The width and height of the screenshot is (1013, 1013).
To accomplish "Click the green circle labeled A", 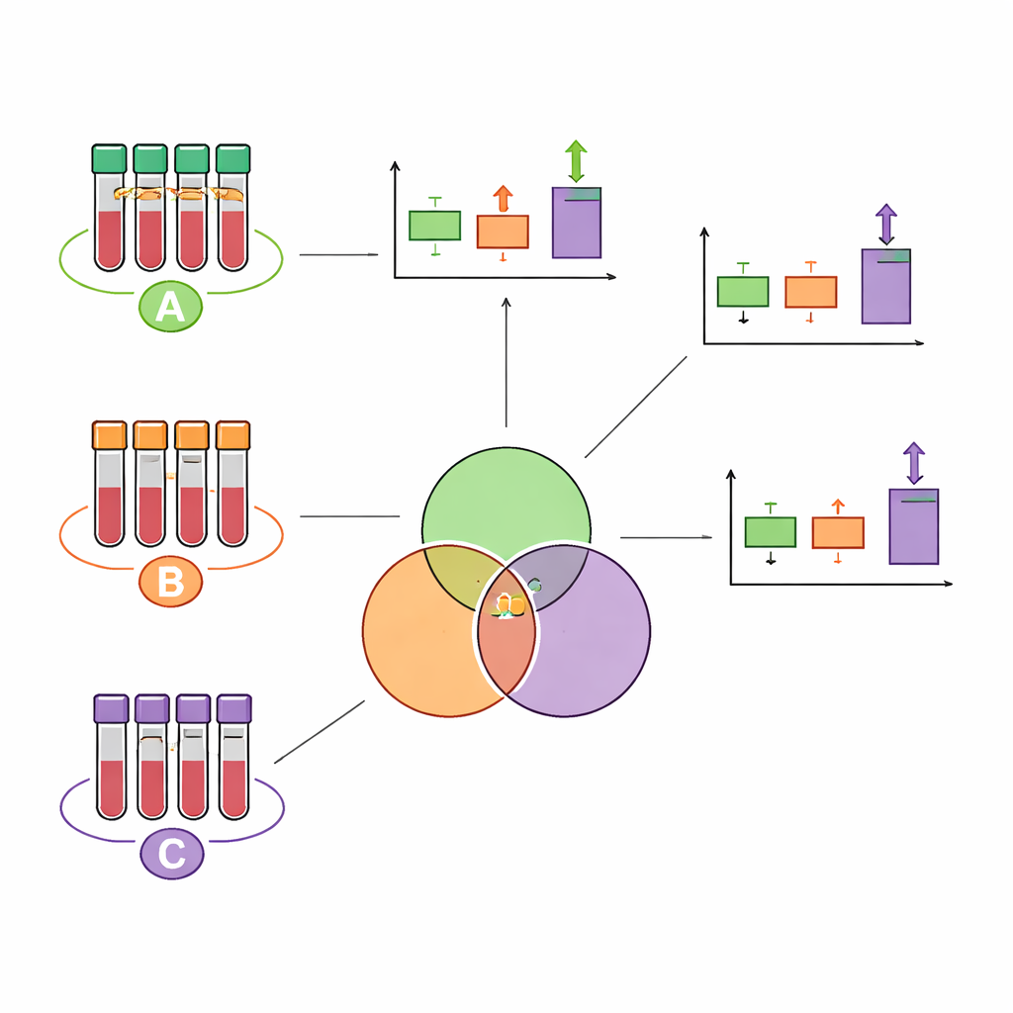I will pyautogui.click(x=170, y=307).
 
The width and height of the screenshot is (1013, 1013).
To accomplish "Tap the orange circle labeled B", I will pyautogui.click(x=170, y=582).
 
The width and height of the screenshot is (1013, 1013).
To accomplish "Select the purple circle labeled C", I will pyautogui.click(x=171, y=854).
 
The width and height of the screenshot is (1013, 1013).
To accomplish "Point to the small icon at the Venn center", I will pyautogui.click(x=508, y=603).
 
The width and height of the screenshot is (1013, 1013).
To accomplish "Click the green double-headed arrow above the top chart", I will pyautogui.click(x=576, y=161).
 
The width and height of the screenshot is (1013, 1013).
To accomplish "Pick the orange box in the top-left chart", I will pyautogui.click(x=503, y=231).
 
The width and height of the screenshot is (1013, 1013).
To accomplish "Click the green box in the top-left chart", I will pyautogui.click(x=434, y=226).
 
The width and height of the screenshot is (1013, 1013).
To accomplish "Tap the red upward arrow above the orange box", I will pyautogui.click(x=503, y=199).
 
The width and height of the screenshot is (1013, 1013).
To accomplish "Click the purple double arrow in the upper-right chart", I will pyautogui.click(x=885, y=225).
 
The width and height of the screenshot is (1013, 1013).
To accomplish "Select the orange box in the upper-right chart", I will pyautogui.click(x=810, y=292).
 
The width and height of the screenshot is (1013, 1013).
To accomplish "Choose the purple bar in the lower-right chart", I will pyautogui.click(x=913, y=526).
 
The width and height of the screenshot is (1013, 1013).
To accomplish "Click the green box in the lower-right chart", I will pyautogui.click(x=770, y=532).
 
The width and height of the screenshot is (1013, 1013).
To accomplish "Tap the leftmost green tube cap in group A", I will pyautogui.click(x=109, y=158).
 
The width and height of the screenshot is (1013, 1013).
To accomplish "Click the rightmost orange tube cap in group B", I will pyautogui.click(x=232, y=435).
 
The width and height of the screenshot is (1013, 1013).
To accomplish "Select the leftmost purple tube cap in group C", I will pyautogui.click(x=111, y=707).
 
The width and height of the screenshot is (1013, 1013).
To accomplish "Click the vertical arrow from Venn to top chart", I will pyautogui.click(x=506, y=361).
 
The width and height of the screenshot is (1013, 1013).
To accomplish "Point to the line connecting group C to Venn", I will pyautogui.click(x=319, y=732).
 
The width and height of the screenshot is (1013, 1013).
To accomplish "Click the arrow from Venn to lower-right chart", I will pyautogui.click(x=666, y=537).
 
